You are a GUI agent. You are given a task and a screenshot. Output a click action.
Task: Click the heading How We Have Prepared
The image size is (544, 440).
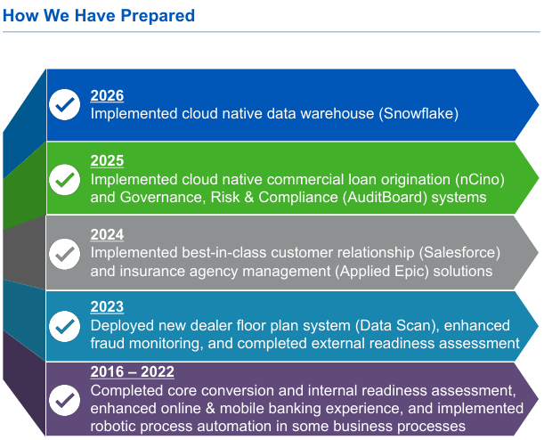[99, 16]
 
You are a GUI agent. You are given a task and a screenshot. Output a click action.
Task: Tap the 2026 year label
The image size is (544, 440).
[107, 96]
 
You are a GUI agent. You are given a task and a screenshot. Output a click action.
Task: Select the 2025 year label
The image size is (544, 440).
[107, 160]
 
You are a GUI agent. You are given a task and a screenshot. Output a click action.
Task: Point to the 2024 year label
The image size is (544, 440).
[107, 234]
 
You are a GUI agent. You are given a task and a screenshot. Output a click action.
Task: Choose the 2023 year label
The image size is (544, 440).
[107, 306]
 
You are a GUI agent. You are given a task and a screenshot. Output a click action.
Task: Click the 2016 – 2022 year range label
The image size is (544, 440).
[132, 372]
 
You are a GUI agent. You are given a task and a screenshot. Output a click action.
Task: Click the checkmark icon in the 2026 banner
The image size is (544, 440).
[64, 104]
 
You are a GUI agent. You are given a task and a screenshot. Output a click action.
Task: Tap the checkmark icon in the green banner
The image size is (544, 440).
[64, 180]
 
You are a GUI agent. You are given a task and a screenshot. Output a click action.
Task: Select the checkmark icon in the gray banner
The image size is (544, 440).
[64, 254]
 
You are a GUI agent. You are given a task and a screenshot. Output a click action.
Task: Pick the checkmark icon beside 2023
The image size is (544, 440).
[64, 326]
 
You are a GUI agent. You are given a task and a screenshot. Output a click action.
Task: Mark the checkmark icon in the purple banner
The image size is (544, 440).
[64, 400]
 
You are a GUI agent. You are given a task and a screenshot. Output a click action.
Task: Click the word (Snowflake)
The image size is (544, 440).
[418, 114]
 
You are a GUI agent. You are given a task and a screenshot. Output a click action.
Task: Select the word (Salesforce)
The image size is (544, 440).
[459, 253]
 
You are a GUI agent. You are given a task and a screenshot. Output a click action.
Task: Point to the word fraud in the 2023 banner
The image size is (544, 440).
[108, 344]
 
